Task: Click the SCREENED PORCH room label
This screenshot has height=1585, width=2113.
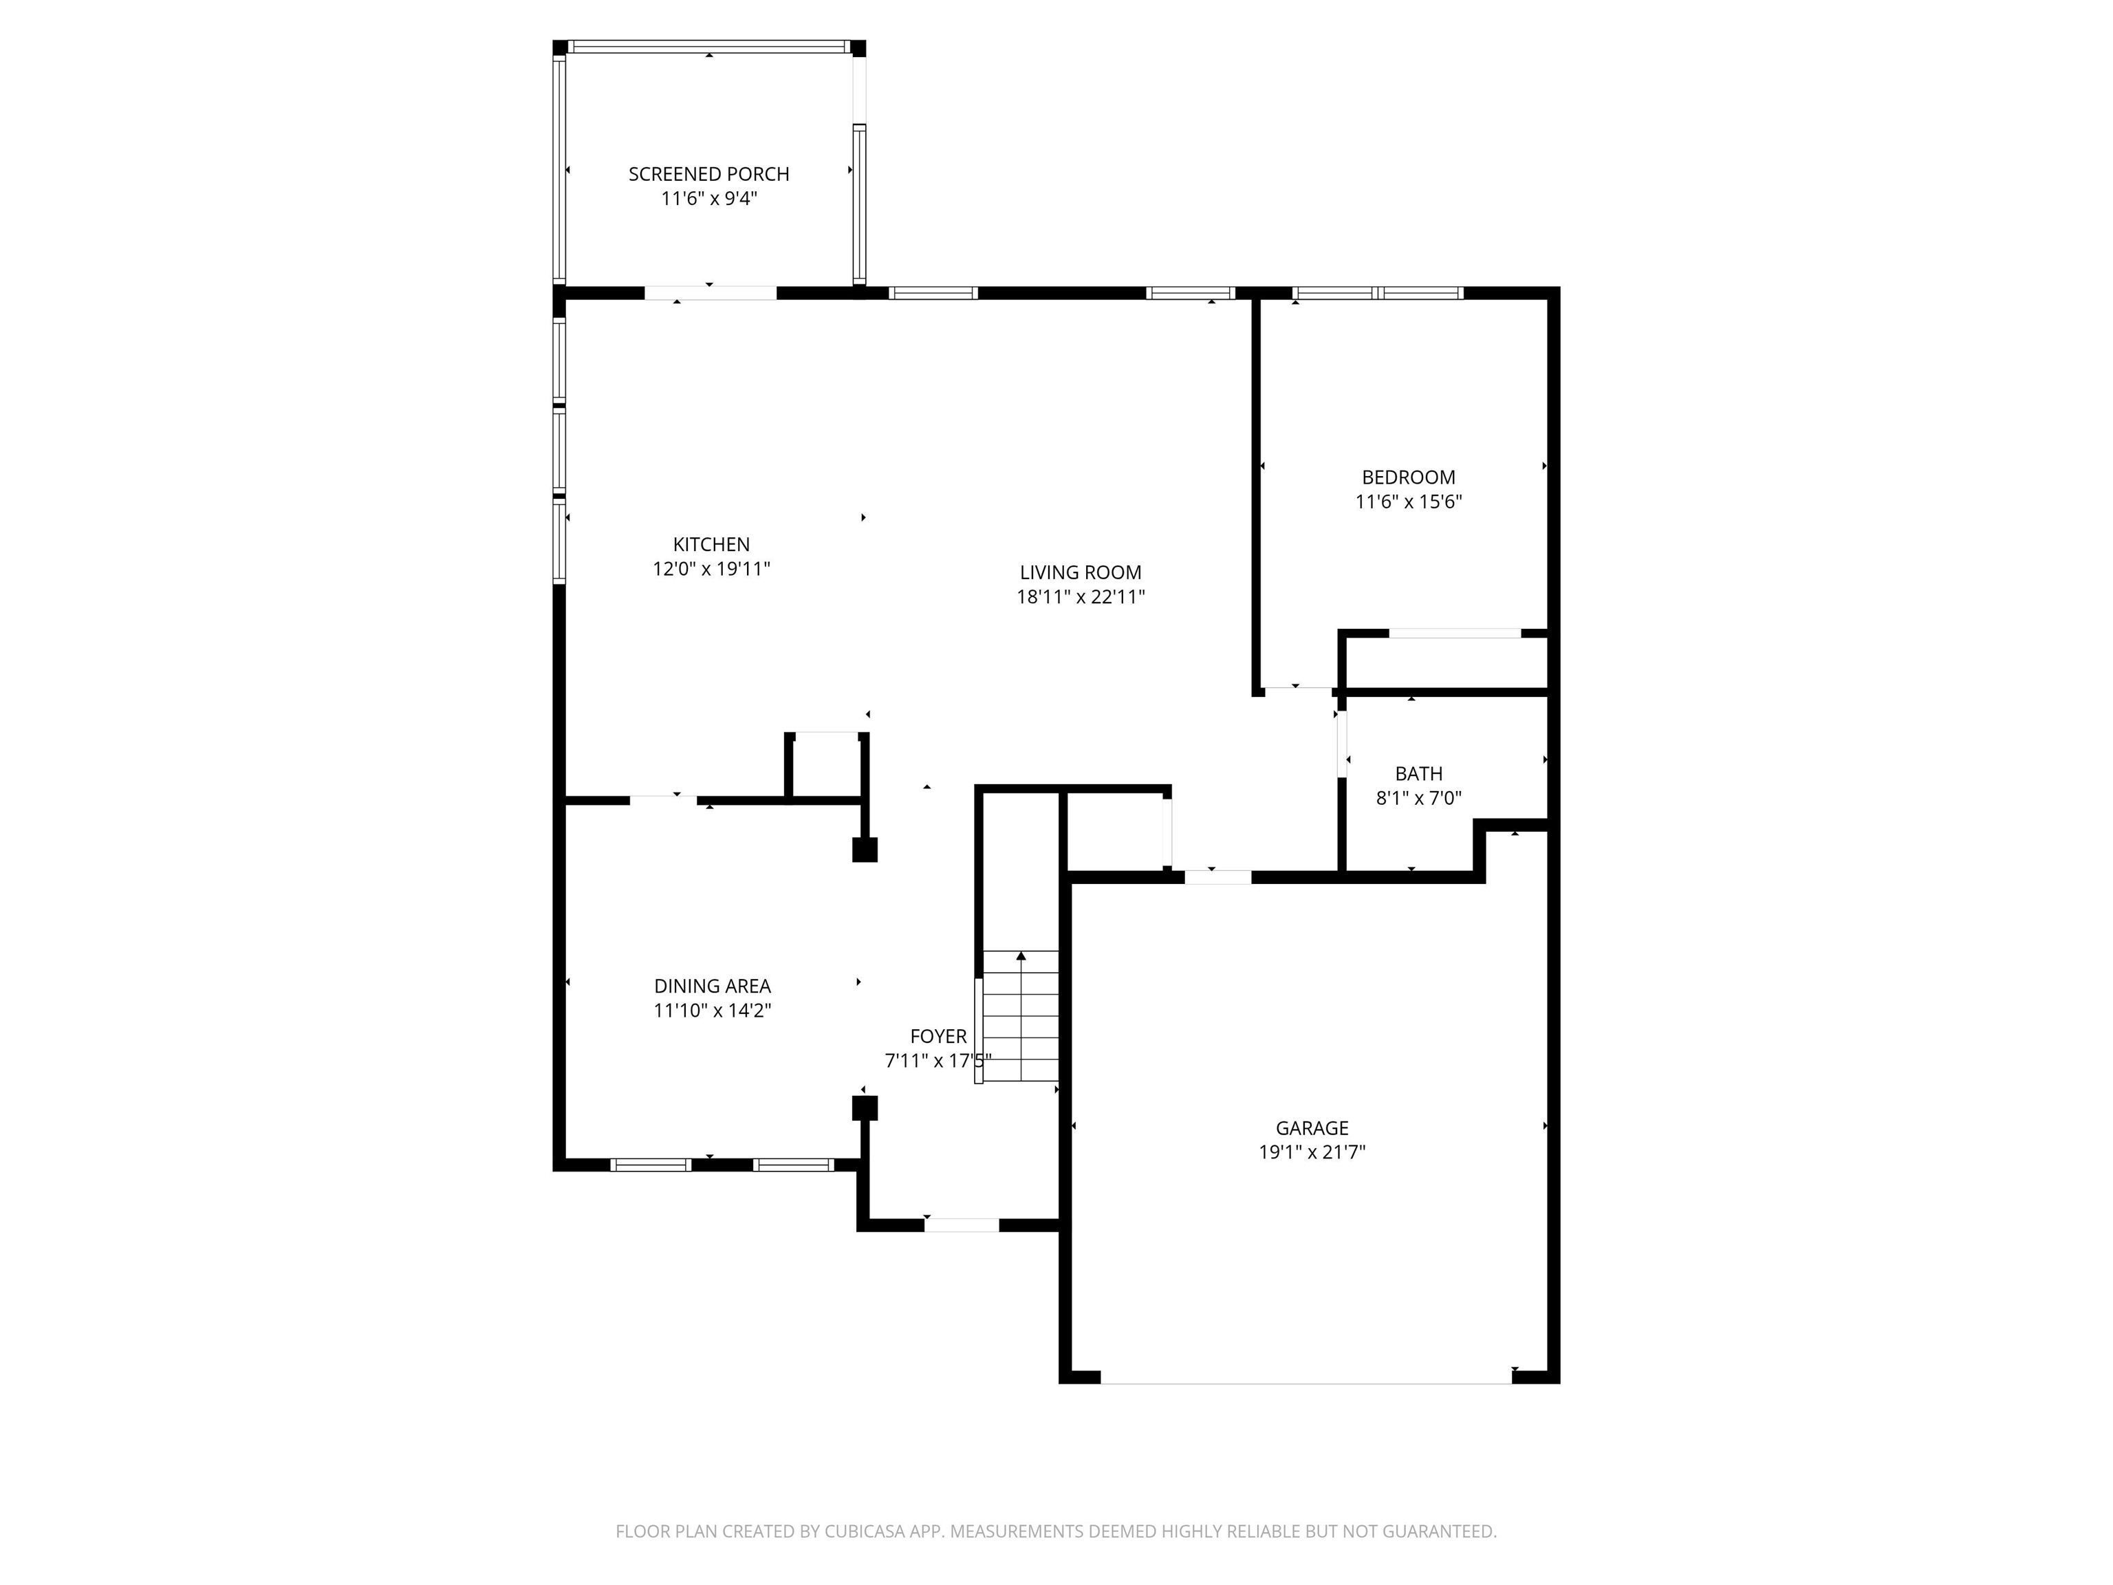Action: tap(708, 174)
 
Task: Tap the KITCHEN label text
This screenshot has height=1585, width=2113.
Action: tap(712, 545)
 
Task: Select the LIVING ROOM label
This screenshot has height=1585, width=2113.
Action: tap(1081, 572)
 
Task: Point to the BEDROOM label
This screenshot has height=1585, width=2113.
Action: tap(1409, 477)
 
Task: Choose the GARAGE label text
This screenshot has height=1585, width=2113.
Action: tap(1312, 1128)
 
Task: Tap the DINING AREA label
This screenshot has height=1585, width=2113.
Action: tap(713, 986)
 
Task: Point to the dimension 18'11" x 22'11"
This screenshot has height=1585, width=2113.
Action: tap(1081, 597)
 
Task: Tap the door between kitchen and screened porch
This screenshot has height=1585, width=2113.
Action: tap(711, 293)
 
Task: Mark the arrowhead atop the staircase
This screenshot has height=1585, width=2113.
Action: tap(1021, 956)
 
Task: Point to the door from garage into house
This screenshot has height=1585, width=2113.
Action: tap(1218, 877)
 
